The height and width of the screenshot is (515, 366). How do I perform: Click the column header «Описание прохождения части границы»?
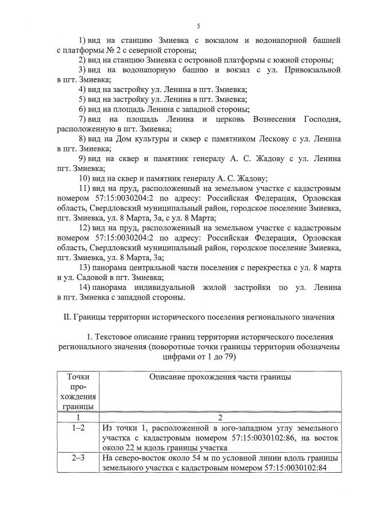220,377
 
